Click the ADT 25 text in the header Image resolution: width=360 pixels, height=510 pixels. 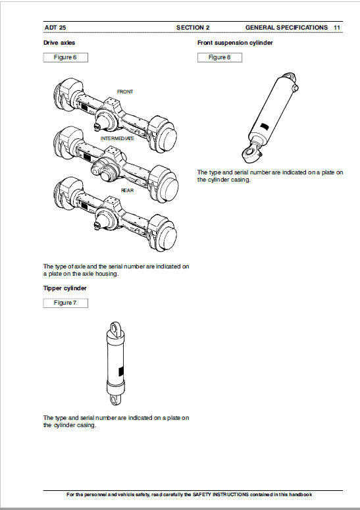pyautogui.click(x=55, y=28)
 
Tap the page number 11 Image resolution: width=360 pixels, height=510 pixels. pyautogui.click(x=336, y=28)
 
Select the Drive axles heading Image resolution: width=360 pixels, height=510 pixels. pyautogui.click(x=59, y=43)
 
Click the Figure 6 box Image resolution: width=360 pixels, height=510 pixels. pyautogui.click(x=65, y=57)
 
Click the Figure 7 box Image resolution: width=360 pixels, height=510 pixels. pyautogui.click(x=65, y=303)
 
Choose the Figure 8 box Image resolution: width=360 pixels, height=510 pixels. pyautogui.click(x=219, y=57)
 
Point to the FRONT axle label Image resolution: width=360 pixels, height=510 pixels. pyautogui.click(x=125, y=91)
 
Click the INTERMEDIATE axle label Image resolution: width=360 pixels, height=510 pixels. pyautogui.click(x=117, y=139)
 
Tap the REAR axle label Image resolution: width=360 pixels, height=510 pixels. pyautogui.click(x=127, y=190)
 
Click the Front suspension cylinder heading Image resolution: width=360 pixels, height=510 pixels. pyautogui.click(x=235, y=43)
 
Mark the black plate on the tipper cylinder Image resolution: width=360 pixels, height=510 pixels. pyautogui.click(x=120, y=370)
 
